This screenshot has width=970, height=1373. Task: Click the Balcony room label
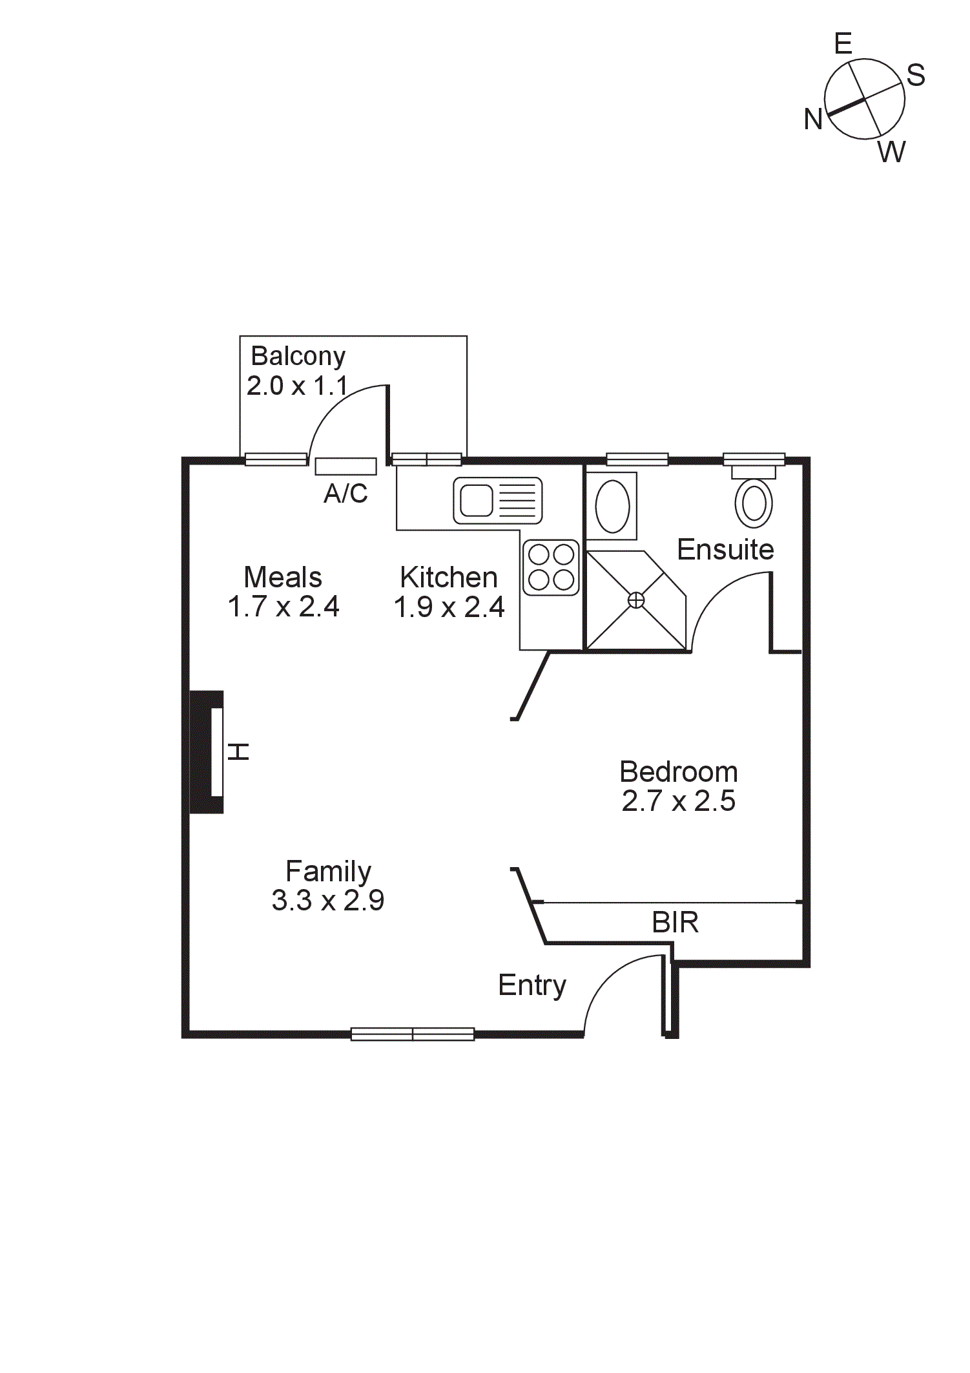(x=298, y=356)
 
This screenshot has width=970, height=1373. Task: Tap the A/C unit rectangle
(x=346, y=466)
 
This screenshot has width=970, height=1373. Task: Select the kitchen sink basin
(x=477, y=501)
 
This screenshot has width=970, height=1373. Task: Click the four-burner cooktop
(x=551, y=567)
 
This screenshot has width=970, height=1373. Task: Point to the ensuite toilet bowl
(x=754, y=503)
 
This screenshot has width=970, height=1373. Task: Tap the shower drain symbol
(x=636, y=601)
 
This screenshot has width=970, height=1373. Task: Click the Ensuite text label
(x=725, y=550)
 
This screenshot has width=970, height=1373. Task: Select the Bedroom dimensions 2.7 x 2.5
(x=678, y=801)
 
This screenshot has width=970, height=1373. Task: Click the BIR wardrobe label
(x=675, y=923)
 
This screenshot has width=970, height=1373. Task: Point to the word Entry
(x=531, y=985)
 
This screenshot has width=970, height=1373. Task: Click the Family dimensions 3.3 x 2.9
(x=327, y=900)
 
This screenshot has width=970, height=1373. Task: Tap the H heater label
(x=238, y=751)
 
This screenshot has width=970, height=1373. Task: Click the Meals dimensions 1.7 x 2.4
(x=283, y=607)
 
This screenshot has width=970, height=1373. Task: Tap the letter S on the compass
(x=916, y=76)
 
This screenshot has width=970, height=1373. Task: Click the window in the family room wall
(x=412, y=1034)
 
